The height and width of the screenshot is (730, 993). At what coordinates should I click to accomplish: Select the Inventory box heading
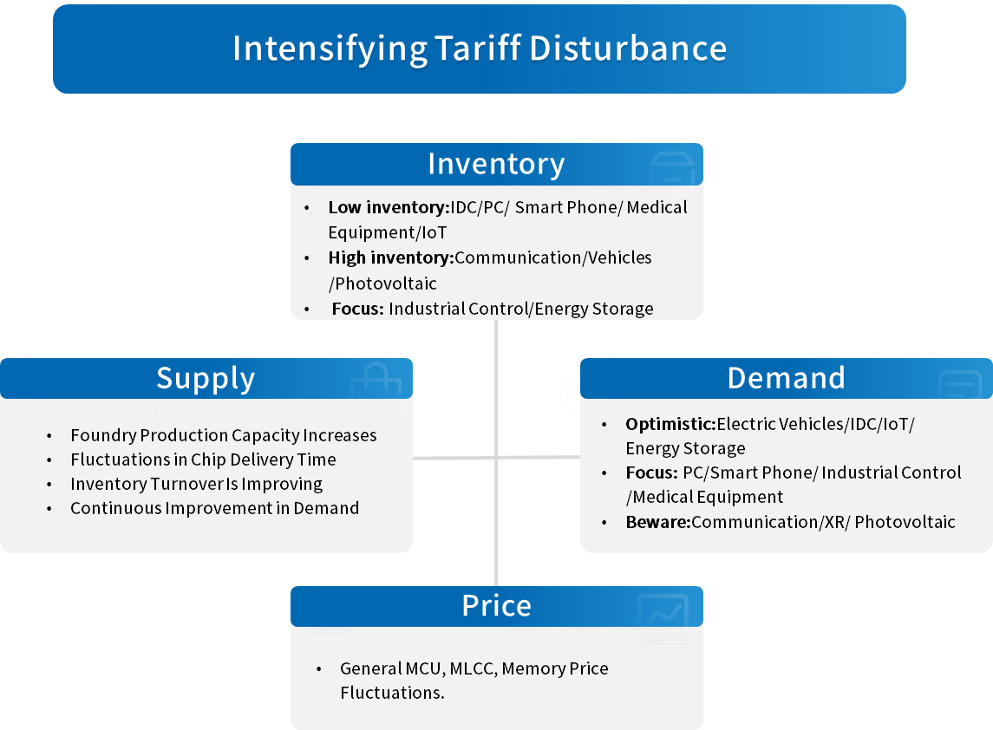click(x=496, y=164)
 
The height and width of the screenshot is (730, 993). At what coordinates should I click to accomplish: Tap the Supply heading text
click(x=206, y=379)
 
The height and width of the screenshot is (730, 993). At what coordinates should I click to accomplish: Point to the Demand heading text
click(x=786, y=378)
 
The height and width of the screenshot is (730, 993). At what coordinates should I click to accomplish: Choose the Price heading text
click(x=496, y=606)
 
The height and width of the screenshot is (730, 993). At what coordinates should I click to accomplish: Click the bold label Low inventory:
click(x=389, y=208)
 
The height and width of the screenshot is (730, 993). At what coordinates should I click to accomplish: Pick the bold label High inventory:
click(x=391, y=257)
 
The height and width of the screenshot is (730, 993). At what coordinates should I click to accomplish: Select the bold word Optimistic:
click(x=670, y=424)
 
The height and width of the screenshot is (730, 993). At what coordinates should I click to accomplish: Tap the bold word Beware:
click(x=658, y=522)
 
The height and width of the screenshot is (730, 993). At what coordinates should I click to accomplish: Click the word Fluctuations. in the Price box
click(x=392, y=693)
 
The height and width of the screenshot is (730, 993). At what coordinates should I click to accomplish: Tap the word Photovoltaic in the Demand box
click(x=905, y=522)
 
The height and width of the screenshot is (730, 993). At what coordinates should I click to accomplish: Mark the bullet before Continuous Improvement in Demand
click(x=49, y=508)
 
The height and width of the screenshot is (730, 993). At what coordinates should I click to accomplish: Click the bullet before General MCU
click(x=319, y=668)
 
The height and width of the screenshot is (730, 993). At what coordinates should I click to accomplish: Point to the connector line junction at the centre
click(x=496, y=457)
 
